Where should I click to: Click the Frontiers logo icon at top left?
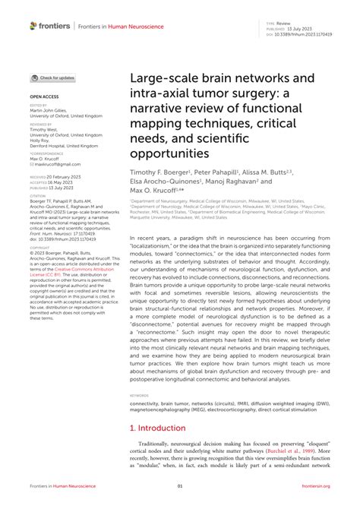click(34, 26)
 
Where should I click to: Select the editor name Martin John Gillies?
click(53, 110)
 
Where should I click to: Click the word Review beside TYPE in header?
click(283, 24)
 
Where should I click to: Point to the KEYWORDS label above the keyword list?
click(139, 396)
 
